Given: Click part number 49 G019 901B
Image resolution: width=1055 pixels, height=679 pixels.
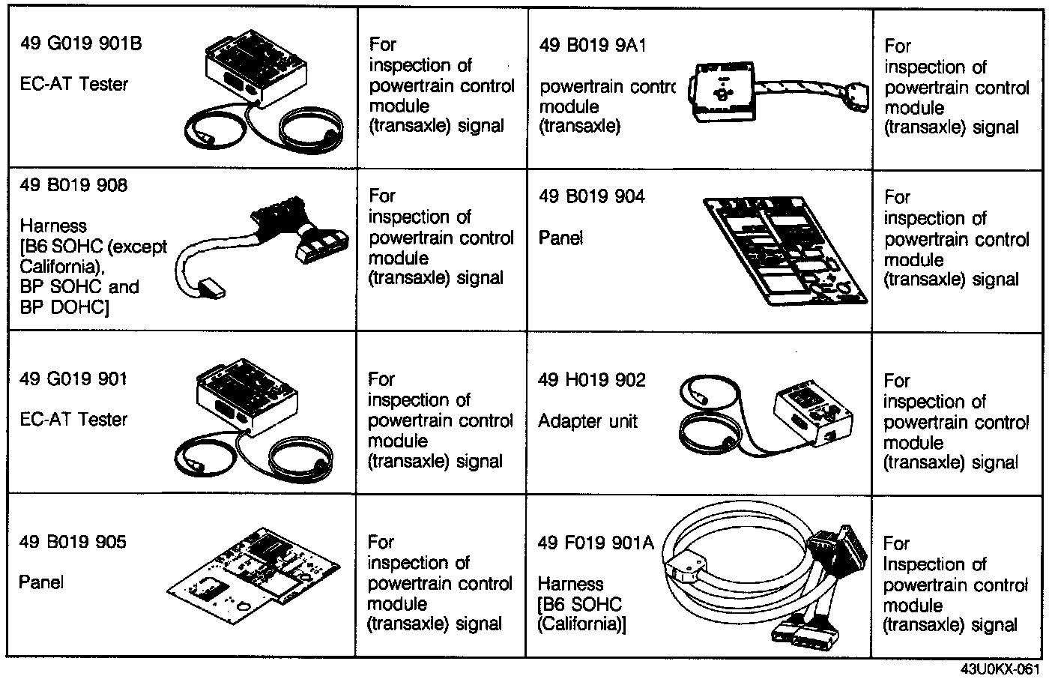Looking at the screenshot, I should pyautogui.click(x=81, y=43).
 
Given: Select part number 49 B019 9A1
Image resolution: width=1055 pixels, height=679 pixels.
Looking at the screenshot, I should pyautogui.click(x=592, y=46).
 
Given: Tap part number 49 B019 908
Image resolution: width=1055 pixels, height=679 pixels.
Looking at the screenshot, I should pyautogui.click(x=73, y=185).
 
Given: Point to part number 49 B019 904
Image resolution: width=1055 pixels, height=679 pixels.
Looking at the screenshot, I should pyautogui.click(x=592, y=196).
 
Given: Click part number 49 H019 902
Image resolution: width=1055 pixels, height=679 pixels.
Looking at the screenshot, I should pyautogui.click(x=591, y=380).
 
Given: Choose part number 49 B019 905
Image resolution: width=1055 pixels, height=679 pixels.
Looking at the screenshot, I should pyautogui.click(x=73, y=542).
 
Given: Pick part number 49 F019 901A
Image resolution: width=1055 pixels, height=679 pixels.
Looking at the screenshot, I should pyautogui.click(x=596, y=542).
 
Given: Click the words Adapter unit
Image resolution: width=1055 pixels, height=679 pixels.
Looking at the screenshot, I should pyautogui.click(x=587, y=421).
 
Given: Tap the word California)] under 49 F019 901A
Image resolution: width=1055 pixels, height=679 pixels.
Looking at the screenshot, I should pyautogui.click(x=581, y=624).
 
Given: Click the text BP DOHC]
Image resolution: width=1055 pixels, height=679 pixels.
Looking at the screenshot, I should pyautogui.click(x=64, y=307).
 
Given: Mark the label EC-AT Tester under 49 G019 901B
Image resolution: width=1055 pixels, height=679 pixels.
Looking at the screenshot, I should pyautogui.click(x=73, y=84).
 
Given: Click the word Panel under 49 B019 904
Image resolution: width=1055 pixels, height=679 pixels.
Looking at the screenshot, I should pyautogui.click(x=560, y=238).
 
